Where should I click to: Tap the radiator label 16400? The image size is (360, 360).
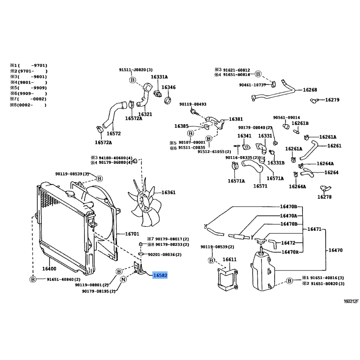pos(49,269)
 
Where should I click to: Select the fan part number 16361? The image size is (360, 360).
pos(168,193)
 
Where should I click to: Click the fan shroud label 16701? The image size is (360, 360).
pos(132,234)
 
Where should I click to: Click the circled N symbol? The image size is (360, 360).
pos(123,280)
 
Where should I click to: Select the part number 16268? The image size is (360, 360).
pos(310,90)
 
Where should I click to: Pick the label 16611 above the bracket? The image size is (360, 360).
pos(229,260)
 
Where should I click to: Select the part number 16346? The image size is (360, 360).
pos(168,87)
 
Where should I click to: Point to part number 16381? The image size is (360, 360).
pos(235,119)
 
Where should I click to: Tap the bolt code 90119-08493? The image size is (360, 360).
pos(193,104)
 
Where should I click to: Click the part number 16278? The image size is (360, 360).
pos(324,197)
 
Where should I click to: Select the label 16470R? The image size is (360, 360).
pos(290,252)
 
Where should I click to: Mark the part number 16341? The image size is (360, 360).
pos(244,135)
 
